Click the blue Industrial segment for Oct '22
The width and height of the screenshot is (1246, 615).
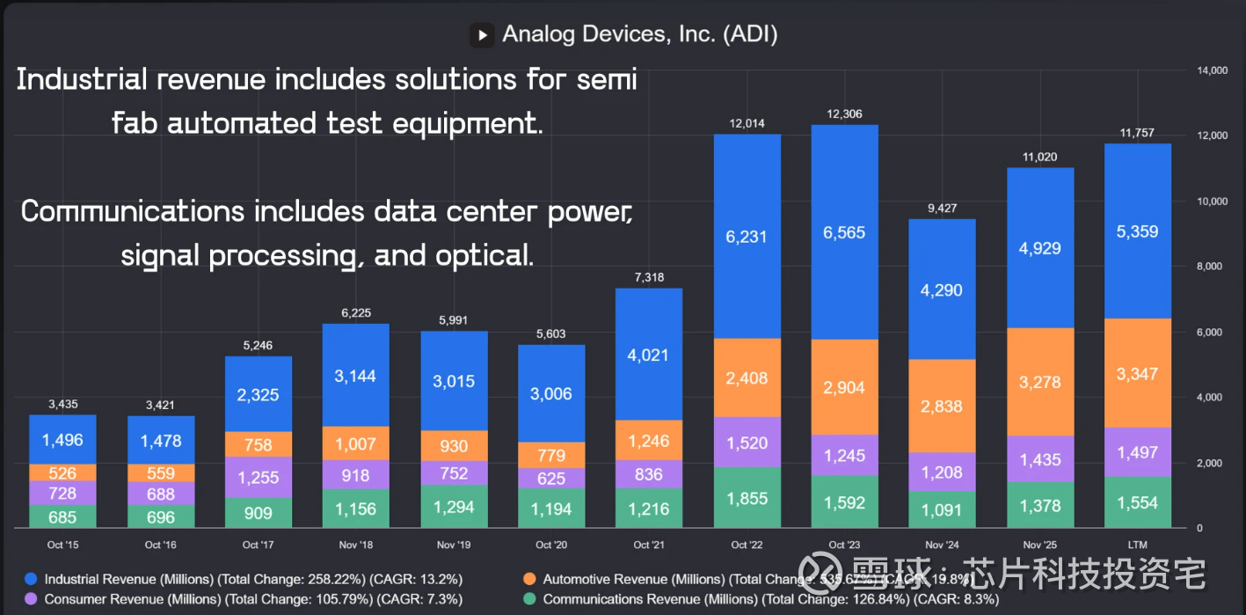point(747,236)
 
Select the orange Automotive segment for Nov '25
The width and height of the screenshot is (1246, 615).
point(1040,382)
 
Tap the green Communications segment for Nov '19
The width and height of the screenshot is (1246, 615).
point(454,507)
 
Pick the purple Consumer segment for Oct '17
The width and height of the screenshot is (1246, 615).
point(259,476)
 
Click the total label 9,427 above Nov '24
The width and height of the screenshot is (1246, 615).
point(942,208)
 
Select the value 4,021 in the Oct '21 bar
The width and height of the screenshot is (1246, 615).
point(649,355)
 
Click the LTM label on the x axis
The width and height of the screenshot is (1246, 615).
point(1138,545)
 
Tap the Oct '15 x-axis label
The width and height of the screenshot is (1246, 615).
point(62,545)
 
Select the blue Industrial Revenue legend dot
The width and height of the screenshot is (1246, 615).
point(31,580)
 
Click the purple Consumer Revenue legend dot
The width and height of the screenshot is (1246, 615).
point(31,599)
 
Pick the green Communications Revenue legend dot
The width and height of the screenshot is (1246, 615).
point(529,599)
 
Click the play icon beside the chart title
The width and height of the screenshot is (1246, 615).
point(481,34)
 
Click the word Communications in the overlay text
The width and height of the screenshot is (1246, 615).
point(133,212)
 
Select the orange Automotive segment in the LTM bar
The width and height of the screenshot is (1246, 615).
point(1138,373)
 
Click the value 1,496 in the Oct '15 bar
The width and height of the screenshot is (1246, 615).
point(62,440)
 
